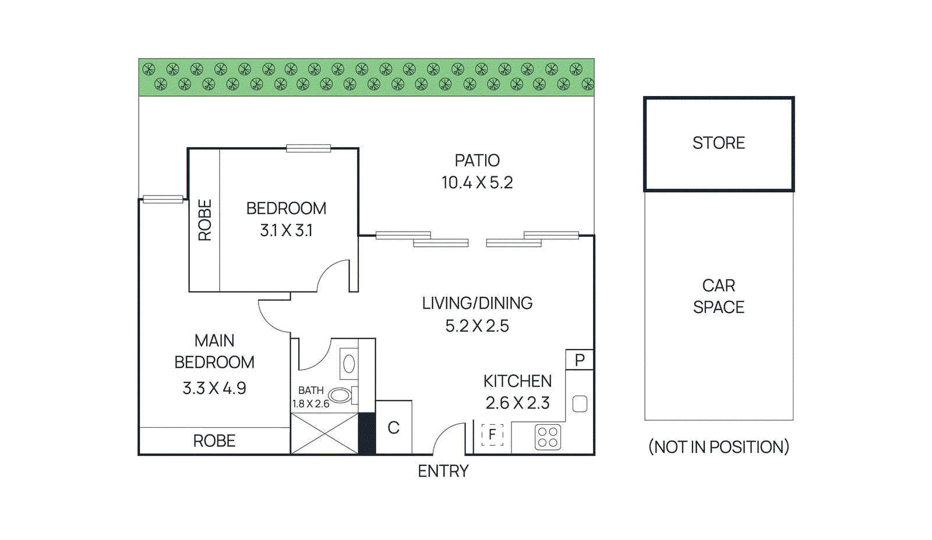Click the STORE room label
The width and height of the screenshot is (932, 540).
point(718,143)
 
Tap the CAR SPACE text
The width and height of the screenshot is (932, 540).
point(718,296)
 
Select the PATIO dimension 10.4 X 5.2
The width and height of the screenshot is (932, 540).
point(477,183)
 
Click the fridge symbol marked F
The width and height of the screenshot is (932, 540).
point(492,435)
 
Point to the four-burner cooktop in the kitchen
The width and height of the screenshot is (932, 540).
point(548,438)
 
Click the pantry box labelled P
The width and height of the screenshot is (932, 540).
point(580,360)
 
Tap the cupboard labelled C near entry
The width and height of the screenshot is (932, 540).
point(394,428)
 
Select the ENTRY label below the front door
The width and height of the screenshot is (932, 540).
point(443,471)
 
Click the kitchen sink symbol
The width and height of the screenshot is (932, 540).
point(580,404)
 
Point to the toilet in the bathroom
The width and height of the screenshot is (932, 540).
point(340,396)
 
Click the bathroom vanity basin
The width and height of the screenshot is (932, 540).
point(349,364)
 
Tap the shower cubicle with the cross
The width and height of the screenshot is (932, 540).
point(324,434)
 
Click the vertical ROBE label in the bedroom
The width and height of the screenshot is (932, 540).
point(205,220)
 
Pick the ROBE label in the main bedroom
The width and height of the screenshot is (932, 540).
point(214,441)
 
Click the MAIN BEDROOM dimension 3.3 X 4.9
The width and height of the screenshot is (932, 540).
point(214,388)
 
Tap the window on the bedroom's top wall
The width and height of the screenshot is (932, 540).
point(309,148)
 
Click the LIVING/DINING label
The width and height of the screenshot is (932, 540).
point(477,303)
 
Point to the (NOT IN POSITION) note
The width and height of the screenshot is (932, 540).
point(718,447)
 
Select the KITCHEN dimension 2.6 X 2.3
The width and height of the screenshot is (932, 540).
point(517,403)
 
